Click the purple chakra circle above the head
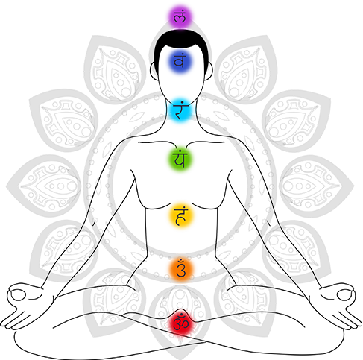pos(180,17)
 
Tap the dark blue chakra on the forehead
pos(180,61)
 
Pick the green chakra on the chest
pos(180,159)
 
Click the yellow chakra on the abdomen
pos(181,215)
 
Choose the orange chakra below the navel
pos(181,269)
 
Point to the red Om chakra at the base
pos(180,323)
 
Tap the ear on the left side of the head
pos(154,72)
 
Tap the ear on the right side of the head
pos(209,71)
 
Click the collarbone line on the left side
pos(155,143)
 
